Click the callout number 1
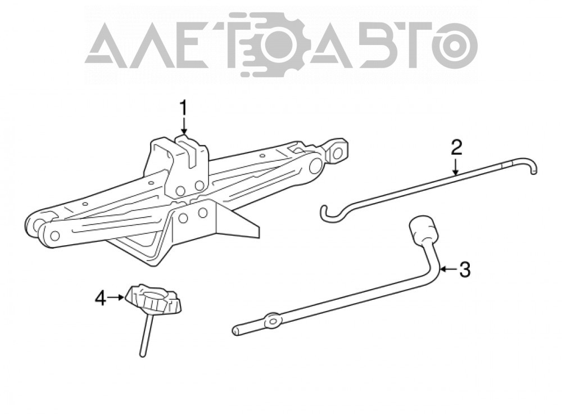click(x=184, y=107)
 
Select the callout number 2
click(x=456, y=147)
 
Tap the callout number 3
click(x=464, y=269)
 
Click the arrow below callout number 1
click(x=184, y=126)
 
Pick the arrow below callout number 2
click(x=456, y=166)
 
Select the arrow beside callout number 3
click(x=448, y=269)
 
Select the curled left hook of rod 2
click(x=330, y=213)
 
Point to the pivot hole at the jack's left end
click(x=55, y=236)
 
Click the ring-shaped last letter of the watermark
click(x=455, y=47)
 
